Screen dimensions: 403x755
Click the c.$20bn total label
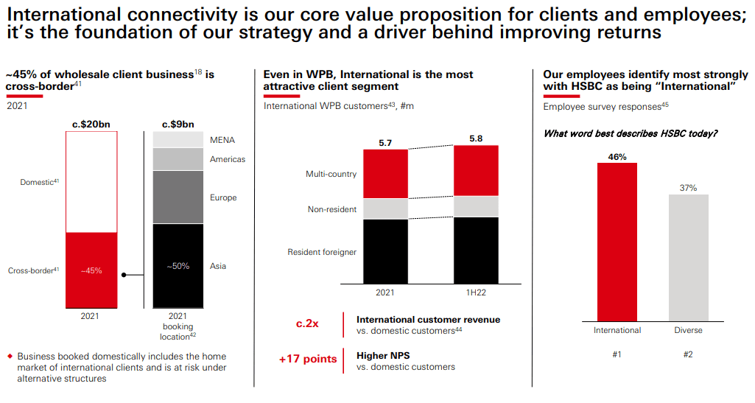(x=91, y=124)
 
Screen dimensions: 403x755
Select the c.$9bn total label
(x=178, y=124)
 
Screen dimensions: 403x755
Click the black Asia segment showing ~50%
(x=178, y=265)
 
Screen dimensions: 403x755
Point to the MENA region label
(x=222, y=140)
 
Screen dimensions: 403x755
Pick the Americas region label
(x=228, y=159)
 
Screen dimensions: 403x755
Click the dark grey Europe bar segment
(x=178, y=197)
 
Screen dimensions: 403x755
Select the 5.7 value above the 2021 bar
(x=385, y=143)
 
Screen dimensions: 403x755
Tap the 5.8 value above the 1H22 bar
(x=476, y=139)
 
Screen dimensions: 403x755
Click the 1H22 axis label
(x=476, y=292)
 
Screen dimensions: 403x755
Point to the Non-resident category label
(x=332, y=209)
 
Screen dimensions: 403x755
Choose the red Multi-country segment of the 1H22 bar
(x=476, y=170)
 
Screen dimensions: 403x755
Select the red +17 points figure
(x=308, y=360)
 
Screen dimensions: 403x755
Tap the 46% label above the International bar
(x=617, y=156)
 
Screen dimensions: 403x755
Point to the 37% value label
(x=688, y=188)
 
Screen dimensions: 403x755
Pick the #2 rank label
(x=688, y=354)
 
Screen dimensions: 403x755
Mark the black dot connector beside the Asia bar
(x=124, y=275)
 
